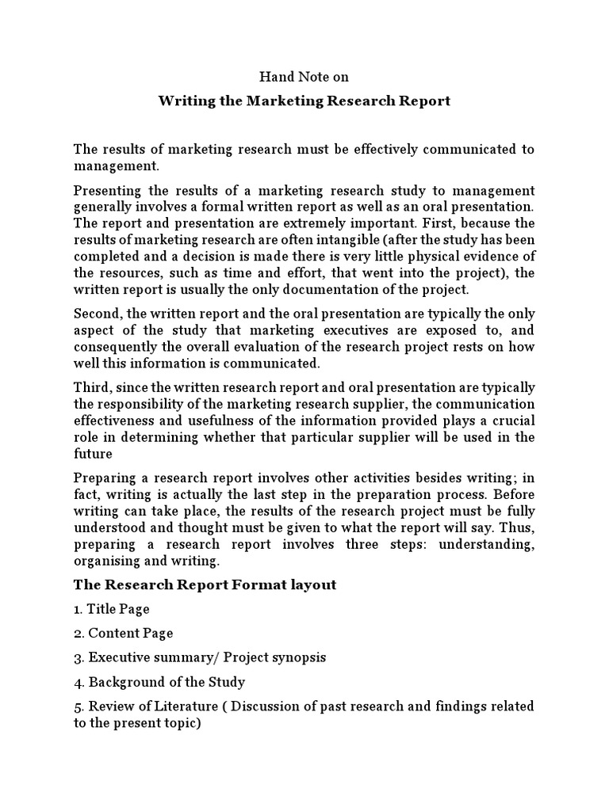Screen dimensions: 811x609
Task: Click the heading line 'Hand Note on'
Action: click(x=304, y=78)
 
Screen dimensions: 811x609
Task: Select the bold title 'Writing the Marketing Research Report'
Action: click(x=304, y=101)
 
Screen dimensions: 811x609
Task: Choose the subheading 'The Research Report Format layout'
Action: click(x=205, y=584)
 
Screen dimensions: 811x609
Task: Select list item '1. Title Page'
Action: click(x=111, y=609)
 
